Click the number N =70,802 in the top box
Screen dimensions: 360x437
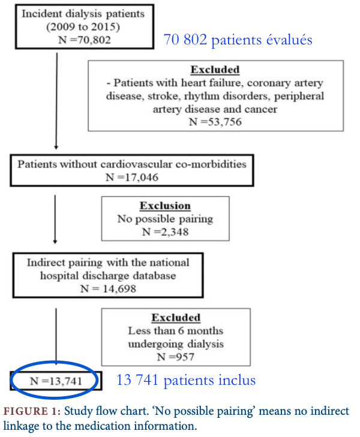(85, 40)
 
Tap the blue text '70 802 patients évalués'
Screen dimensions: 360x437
(238, 40)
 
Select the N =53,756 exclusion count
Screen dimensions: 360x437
(215, 122)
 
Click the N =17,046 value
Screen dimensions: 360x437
(132, 177)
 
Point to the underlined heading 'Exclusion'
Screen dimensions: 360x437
(165, 206)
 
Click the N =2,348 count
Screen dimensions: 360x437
(165, 232)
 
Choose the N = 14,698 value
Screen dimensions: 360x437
(108, 289)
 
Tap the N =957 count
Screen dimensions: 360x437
(176, 357)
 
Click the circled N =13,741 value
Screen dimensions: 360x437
(56, 381)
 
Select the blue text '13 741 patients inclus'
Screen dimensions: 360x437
(186, 380)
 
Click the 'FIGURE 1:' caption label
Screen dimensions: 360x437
(32, 411)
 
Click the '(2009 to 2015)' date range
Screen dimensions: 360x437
(83, 27)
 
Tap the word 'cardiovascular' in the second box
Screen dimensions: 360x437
(136, 164)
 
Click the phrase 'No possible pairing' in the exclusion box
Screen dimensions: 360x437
(165, 218)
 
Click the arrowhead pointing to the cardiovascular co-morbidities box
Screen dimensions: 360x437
(56, 147)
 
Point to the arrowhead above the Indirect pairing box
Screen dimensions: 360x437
(55, 242)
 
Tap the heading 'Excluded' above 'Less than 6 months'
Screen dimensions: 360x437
(176, 318)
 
